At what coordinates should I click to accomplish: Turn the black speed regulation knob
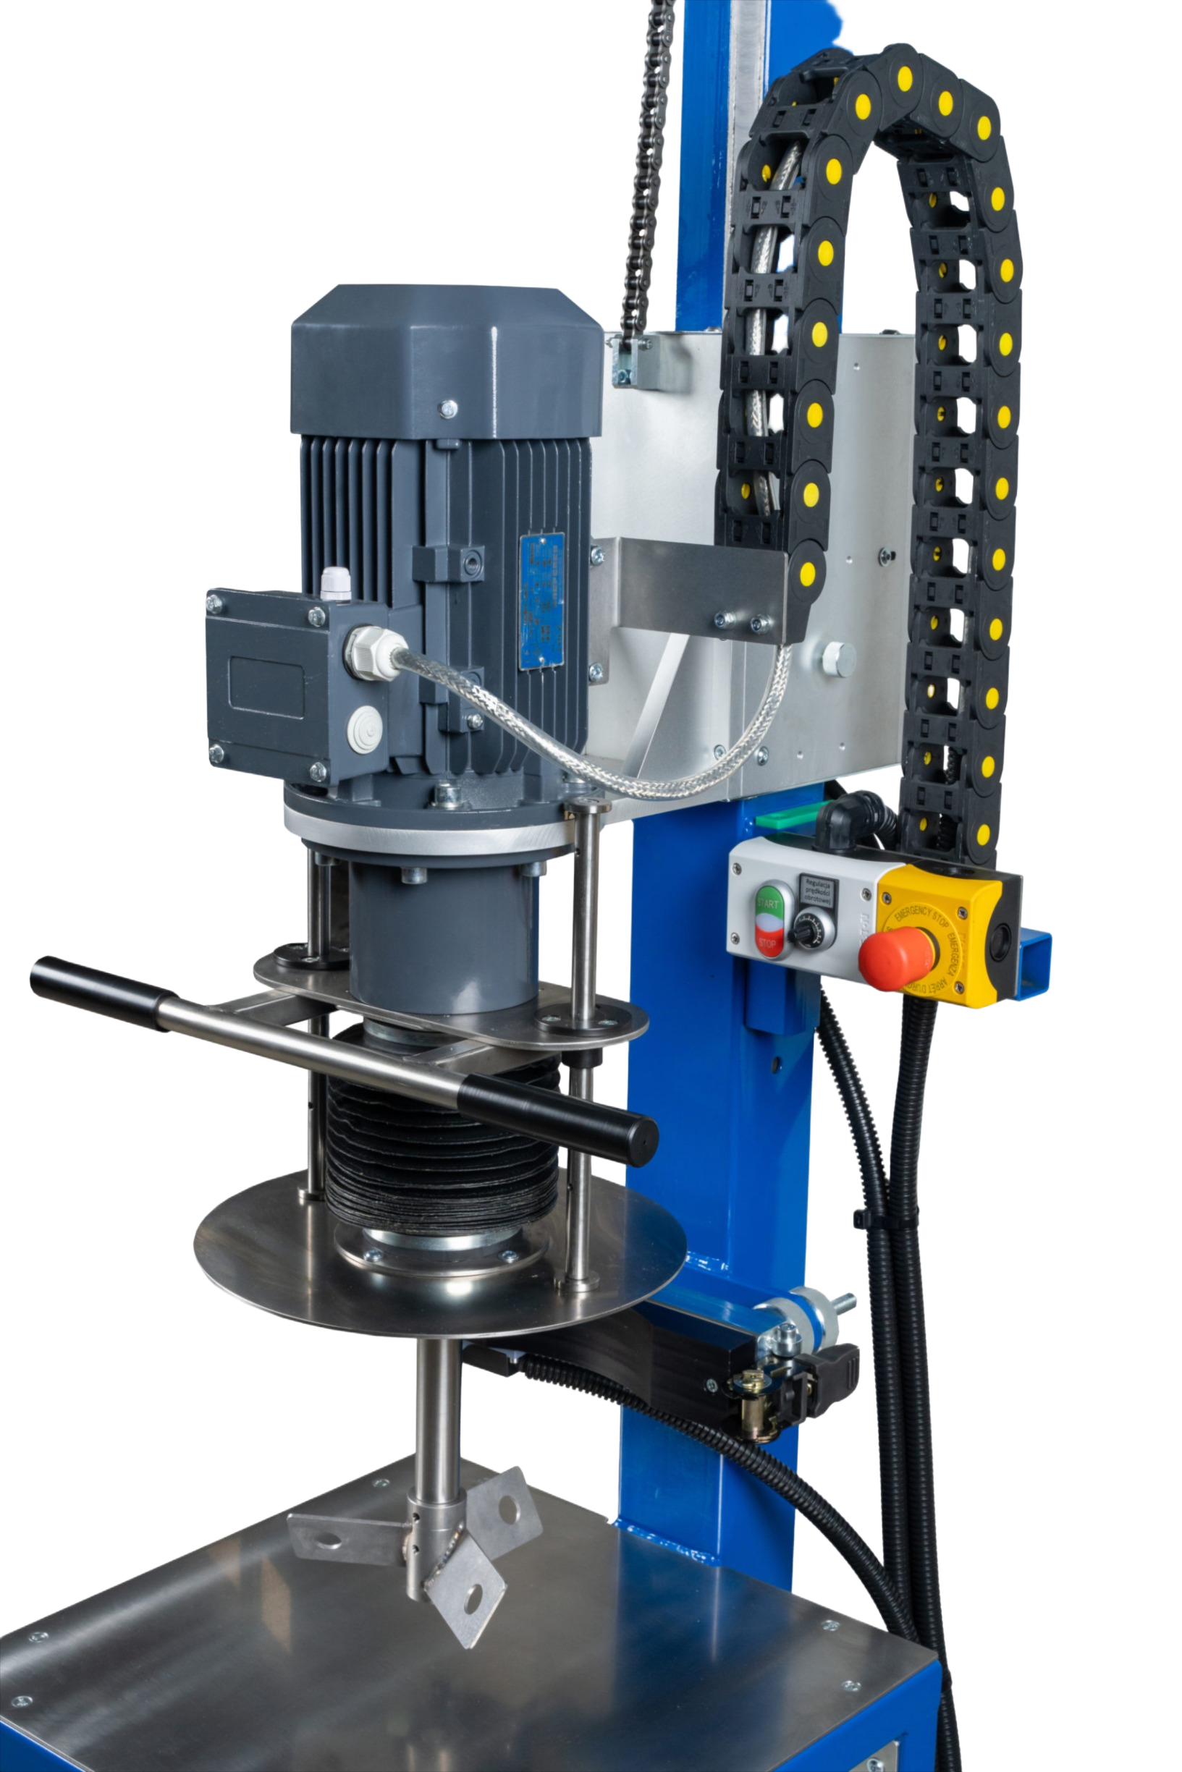pyautogui.click(x=806, y=934)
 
